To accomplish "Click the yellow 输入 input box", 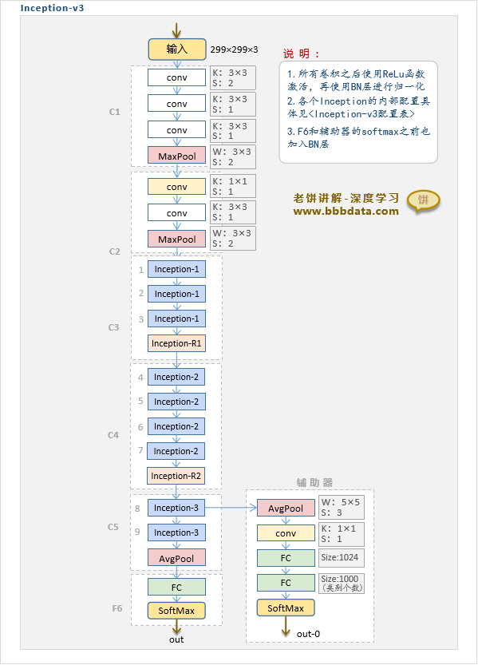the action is click(176, 49).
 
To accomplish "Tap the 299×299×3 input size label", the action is click(234, 49).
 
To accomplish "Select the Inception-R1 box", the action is click(176, 343).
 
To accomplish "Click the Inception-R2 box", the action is click(176, 476).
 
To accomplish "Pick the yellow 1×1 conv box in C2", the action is click(176, 187).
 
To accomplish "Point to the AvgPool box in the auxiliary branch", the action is click(286, 508).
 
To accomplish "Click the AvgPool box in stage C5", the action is click(176, 558).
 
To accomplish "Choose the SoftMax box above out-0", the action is click(286, 608).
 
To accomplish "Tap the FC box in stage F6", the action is click(176, 587).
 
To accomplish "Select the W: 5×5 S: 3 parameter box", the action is click(341, 507).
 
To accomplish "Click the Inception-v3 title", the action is click(52, 8).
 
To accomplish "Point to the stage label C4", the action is click(113, 435).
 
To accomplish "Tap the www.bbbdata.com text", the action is click(346, 212).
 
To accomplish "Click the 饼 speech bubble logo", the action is click(423, 200).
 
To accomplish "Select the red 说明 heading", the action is click(301, 53).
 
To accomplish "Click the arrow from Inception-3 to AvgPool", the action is click(231, 508).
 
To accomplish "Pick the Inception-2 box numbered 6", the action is click(176, 426).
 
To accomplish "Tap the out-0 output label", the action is click(308, 634).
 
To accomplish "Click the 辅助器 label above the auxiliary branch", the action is click(314, 483).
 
